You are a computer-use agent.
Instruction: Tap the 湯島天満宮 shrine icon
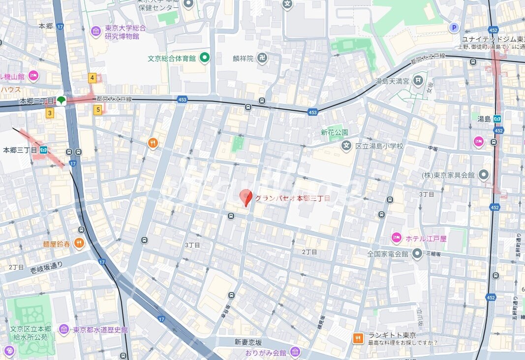pos(418,80)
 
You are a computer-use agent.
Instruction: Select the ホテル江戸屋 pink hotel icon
pos(397,238)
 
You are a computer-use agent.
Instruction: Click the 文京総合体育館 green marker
pos(204,58)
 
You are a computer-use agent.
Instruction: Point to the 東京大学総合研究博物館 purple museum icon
pos(96,32)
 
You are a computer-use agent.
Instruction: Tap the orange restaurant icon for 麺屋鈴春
pos(79,243)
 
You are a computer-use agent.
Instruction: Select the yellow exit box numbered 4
pos(92,78)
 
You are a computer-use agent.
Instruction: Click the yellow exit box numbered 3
pos(49,113)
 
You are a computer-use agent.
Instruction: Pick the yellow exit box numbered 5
pos(98,110)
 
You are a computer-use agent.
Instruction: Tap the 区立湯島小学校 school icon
pos(346,146)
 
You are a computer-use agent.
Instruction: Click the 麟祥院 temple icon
pos(262,58)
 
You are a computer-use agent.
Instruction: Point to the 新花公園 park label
pos(334,132)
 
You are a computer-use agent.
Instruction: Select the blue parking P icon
pos(454,28)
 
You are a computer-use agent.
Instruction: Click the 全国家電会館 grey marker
pos(417,254)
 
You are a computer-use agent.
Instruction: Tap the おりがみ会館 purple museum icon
pos(295,352)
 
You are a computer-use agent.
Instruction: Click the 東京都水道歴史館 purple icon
pos(63,329)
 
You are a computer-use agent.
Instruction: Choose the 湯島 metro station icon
pos(498,119)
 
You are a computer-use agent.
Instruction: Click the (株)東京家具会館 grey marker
pos(484,175)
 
